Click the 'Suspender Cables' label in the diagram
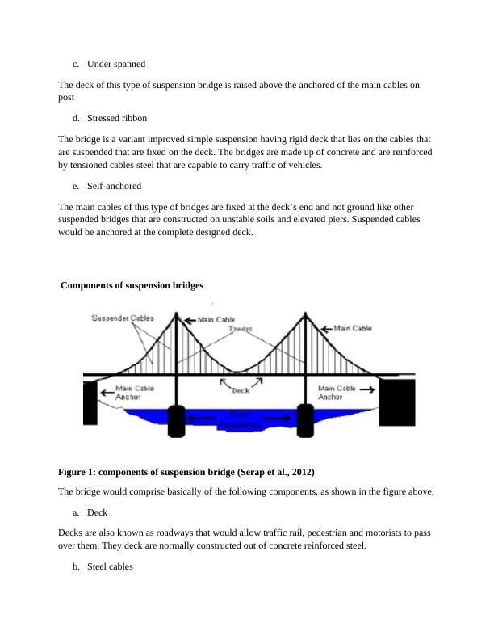click(x=122, y=318)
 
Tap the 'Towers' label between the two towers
click(x=240, y=329)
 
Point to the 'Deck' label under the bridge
click(x=241, y=390)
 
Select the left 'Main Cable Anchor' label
click(x=129, y=393)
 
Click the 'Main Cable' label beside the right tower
click(x=354, y=328)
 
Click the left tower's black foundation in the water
click(x=177, y=421)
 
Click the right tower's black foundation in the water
click(x=305, y=421)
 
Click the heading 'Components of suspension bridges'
click(x=132, y=285)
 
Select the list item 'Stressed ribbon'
click(x=116, y=118)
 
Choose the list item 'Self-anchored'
click(x=114, y=186)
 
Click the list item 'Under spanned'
click(x=115, y=63)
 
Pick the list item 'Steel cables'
click(x=110, y=566)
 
